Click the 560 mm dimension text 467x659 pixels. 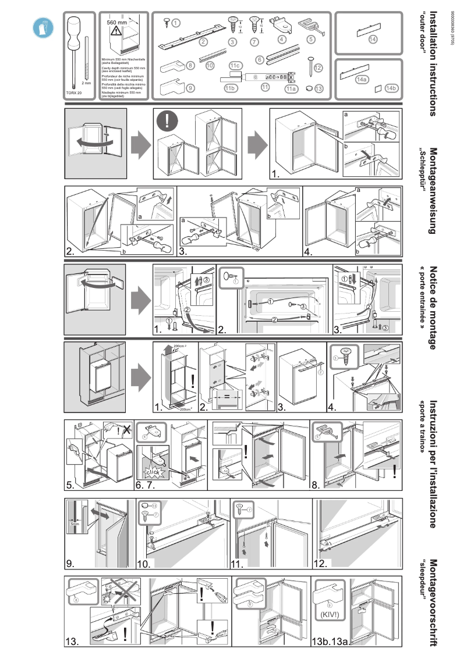click(116, 22)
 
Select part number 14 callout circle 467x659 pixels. click(373, 39)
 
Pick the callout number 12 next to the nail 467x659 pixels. click(317, 68)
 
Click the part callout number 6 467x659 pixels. click(260, 59)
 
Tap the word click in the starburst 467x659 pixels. click(153, 472)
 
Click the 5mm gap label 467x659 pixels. click(75, 523)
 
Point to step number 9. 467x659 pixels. click(72, 563)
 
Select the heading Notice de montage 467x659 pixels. click(433, 308)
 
